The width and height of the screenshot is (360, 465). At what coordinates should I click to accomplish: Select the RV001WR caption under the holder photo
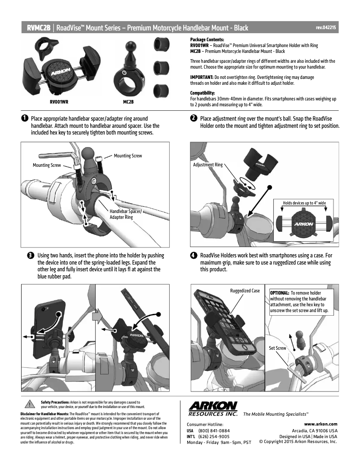[x=58, y=102]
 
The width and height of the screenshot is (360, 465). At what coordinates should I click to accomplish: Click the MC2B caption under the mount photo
[x=128, y=102]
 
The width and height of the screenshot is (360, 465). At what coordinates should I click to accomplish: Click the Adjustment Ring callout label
[x=207, y=165]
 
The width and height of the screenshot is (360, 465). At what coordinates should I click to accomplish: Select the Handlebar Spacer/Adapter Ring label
[x=126, y=214]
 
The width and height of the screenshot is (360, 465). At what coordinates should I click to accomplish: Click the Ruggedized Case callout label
[x=245, y=291]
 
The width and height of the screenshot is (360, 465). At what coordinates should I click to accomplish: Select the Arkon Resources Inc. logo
[x=213, y=409]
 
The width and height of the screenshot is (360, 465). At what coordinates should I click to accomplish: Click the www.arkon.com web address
[x=320, y=424]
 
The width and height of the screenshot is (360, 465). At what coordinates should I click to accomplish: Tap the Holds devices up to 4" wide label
[x=304, y=203]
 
